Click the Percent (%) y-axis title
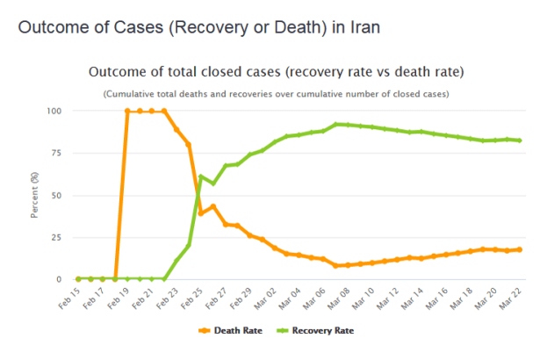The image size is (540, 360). [x=34, y=195]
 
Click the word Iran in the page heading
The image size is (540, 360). [x=364, y=27]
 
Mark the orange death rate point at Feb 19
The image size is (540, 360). [x=128, y=112]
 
